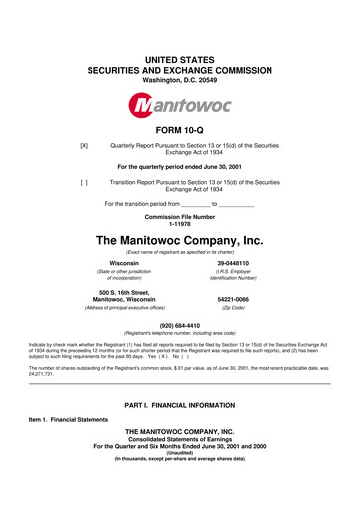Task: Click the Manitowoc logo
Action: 179,104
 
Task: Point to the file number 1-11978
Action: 179,224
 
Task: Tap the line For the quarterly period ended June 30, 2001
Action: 179,167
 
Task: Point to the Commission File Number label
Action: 179,216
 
